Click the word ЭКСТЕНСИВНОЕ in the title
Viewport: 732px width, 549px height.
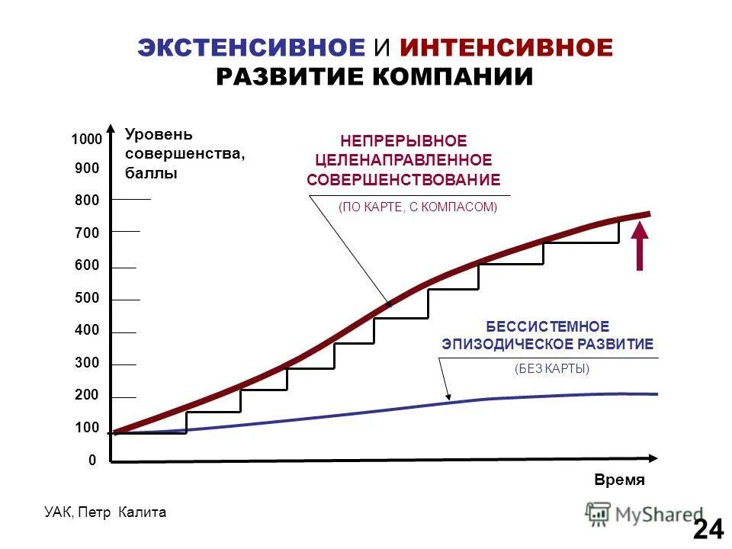tap(252, 48)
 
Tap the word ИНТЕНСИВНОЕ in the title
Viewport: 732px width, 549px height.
tap(506, 48)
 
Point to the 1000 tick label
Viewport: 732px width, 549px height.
tap(86, 140)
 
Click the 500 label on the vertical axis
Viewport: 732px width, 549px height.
tap(87, 298)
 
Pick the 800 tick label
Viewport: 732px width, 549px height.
tap(87, 201)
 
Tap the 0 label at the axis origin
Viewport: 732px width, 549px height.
tap(92, 461)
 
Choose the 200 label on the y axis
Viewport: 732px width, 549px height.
tap(87, 395)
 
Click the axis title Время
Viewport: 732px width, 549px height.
tap(620, 480)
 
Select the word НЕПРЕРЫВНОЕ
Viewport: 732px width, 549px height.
tap(403, 141)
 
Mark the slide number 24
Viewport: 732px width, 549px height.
tap(708, 528)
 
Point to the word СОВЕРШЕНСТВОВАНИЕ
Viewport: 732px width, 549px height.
tap(403, 180)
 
